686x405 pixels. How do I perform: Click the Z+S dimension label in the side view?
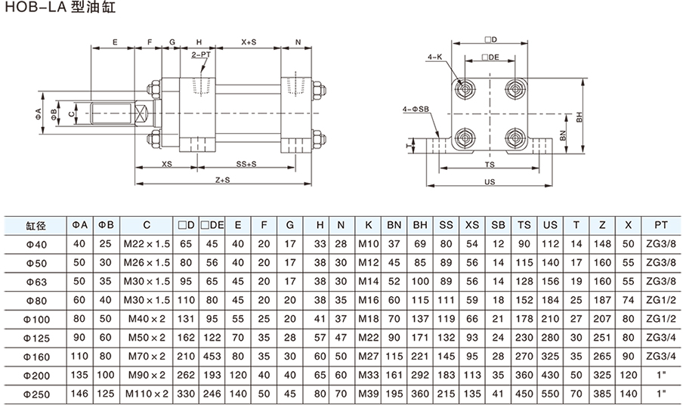[x=221, y=181]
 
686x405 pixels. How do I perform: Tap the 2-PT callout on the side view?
[x=202, y=55]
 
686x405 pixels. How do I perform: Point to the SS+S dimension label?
[x=246, y=164]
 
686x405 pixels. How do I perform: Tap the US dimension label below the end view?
[x=490, y=181]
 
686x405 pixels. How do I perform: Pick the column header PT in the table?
[x=660, y=225]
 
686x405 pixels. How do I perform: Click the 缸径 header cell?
[x=36, y=225]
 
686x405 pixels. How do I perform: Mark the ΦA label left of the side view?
[x=38, y=114]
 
